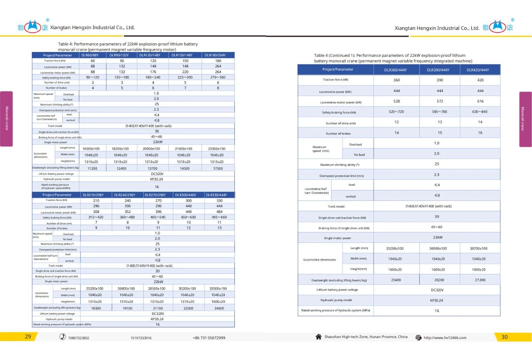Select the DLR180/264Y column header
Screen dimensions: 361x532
pyautogui.click(x=218, y=55)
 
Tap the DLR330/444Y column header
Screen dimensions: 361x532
pyautogui.click(x=218, y=195)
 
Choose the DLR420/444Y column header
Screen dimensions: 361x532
pyautogui.click(x=480, y=69)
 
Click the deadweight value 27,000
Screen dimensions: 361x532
pyautogui.click(x=480, y=280)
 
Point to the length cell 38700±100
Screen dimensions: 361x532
pyautogui.click(x=480, y=248)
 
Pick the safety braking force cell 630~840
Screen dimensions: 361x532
pyautogui.click(x=480, y=112)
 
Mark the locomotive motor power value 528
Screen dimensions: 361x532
pyautogui.click(x=397, y=101)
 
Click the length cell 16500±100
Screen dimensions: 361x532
pyautogui.click(x=91, y=148)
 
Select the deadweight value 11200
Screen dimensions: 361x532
pyautogui.click(x=92, y=168)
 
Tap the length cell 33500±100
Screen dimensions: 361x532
pyautogui.click(x=218, y=288)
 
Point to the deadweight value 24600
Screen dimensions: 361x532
pyautogui.click(x=219, y=308)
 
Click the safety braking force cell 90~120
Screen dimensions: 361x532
pyautogui.click(x=93, y=77)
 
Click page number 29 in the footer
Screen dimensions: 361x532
pyautogui.click(x=28, y=337)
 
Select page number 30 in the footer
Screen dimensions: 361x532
pyautogui.click(x=504, y=337)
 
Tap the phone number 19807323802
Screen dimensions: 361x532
pyautogui.click(x=79, y=338)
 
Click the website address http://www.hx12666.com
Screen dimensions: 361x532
pyautogui.click(x=445, y=338)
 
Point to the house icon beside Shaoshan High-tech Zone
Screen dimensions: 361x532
pyautogui.click(x=319, y=337)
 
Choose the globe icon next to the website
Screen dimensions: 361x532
pyautogui.click(x=419, y=338)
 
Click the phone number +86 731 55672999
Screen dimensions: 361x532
pyautogui.click(x=209, y=338)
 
